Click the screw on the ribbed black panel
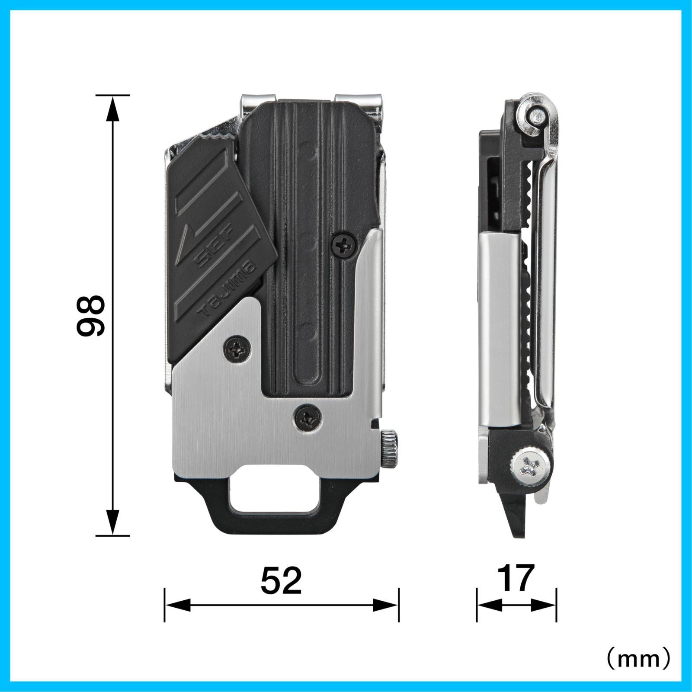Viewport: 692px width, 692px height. point(345,247)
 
